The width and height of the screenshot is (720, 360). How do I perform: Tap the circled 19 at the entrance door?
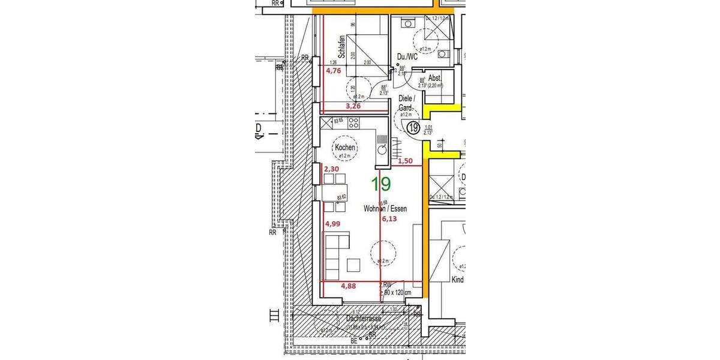[x=413, y=127]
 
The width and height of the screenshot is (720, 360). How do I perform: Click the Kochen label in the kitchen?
[x=346, y=148]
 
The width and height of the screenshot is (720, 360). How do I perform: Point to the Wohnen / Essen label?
[x=385, y=209]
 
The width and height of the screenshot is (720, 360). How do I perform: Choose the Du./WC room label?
[x=407, y=57]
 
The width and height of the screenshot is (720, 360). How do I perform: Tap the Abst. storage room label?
[x=435, y=79]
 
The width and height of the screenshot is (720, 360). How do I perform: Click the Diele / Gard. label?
[x=407, y=103]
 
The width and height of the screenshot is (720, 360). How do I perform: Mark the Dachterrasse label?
[x=364, y=320]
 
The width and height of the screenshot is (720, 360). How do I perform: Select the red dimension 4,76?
[x=333, y=70]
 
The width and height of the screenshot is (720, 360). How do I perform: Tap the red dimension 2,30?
[x=331, y=170]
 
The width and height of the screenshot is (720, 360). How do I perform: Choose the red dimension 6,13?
[x=389, y=219]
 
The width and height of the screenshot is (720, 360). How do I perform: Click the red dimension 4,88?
[x=349, y=286]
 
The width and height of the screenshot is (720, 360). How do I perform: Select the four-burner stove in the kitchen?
[x=355, y=124]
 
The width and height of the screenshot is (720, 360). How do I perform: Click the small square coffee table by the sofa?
[x=353, y=265]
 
